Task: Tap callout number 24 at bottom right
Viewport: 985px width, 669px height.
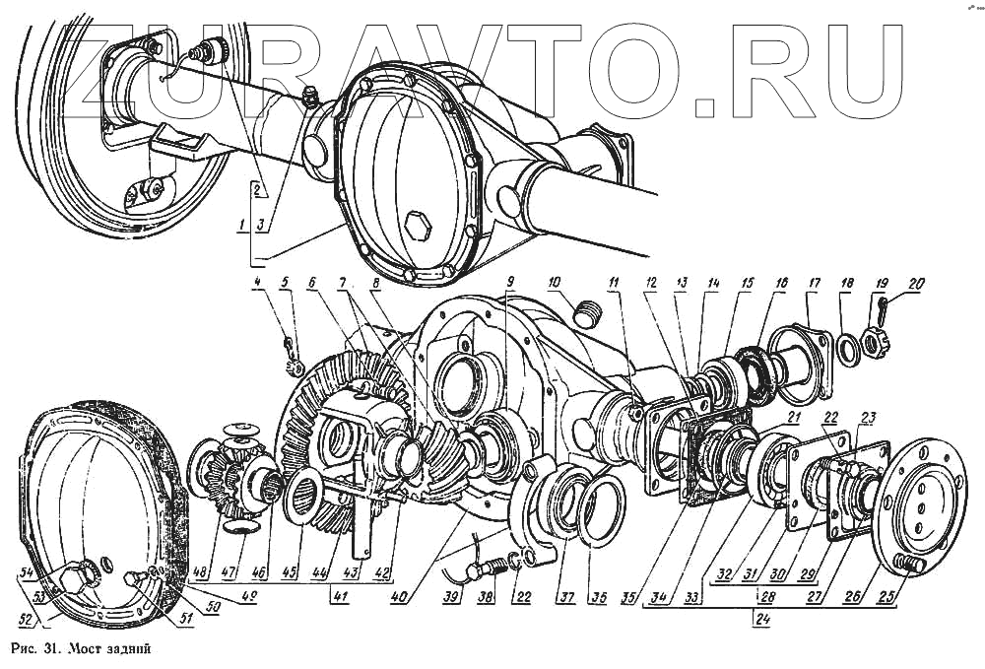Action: click(759, 620)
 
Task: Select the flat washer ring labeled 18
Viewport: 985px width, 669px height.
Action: click(845, 347)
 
